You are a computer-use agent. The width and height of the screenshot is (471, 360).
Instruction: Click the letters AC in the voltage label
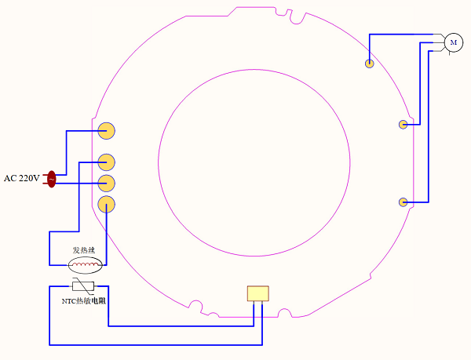point(10,179)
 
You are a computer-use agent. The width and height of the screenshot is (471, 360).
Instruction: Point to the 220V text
point(29,179)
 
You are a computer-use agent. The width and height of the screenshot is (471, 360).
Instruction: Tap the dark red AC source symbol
point(52,179)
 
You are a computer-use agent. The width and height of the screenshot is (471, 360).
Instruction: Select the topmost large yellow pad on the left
point(107,130)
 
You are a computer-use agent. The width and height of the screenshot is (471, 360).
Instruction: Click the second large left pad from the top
point(107,162)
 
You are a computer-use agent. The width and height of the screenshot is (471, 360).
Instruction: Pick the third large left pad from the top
point(107,184)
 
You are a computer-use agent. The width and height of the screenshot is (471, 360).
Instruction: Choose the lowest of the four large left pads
point(107,205)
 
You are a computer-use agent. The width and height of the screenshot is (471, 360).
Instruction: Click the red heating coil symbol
point(85,264)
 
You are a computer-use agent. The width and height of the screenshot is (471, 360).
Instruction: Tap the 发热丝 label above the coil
point(83,250)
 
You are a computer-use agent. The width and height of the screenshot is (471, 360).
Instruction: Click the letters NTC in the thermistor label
point(69,301)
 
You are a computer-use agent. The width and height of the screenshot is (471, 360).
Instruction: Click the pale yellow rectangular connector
point(257,293)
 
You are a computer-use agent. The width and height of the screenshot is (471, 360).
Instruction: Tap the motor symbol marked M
point(453,42)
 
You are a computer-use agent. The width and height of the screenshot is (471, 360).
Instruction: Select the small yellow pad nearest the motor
point(369,64)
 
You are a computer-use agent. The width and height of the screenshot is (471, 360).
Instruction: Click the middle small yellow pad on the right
point(403,124)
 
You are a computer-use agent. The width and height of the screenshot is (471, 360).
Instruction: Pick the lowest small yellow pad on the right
point(403,202)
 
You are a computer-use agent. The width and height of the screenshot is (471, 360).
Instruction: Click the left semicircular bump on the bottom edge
point(197,307)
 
